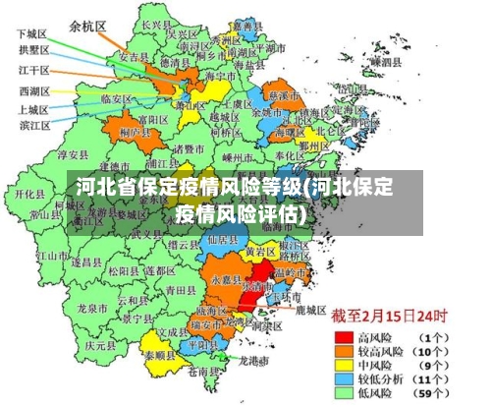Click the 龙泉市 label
pos(88,308)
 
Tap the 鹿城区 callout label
pos(310,310)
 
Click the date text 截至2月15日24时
pos(389,317)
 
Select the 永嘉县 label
pos(223,279)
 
